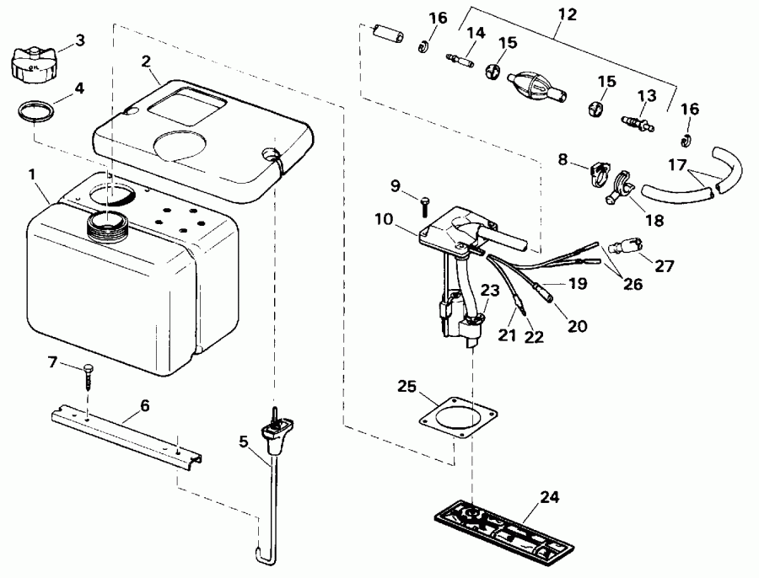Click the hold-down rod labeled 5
click(x=273, y=472)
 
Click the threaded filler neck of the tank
click(x=106, y=226)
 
